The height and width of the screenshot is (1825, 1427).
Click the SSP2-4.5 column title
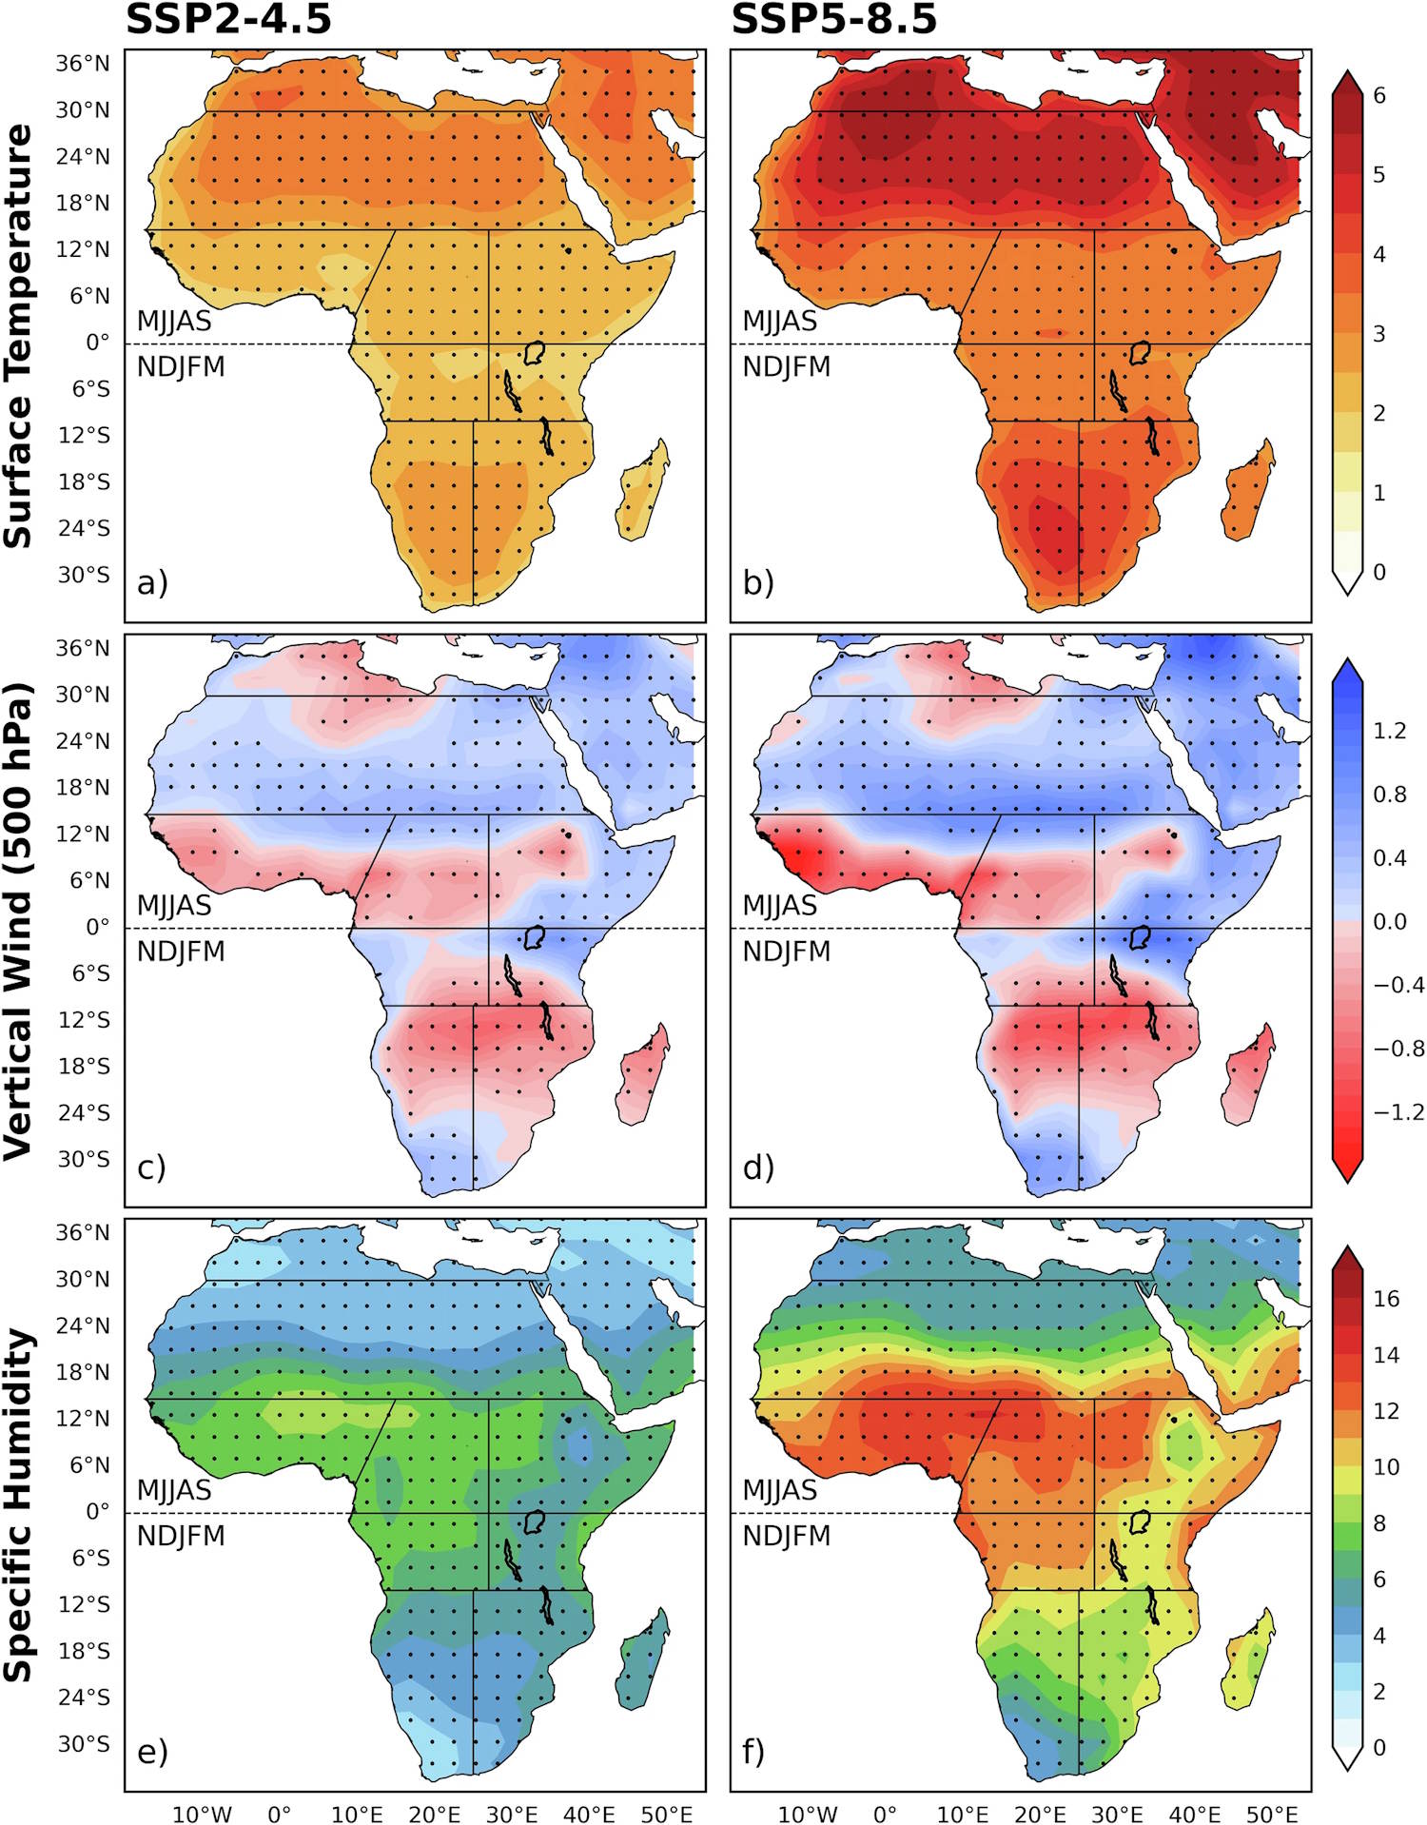[228, 19]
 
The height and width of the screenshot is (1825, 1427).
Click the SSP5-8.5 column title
[833, 19]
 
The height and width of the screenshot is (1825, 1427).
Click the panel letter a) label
[152, 582]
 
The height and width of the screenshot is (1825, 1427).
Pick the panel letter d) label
[758, 1167]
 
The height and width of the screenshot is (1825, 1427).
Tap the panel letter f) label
[753, 1751]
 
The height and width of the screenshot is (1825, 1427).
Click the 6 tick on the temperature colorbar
[1378, 95]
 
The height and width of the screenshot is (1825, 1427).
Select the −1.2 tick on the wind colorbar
[1398, 1112]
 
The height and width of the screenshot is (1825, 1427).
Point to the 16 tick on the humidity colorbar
[1386, 1299]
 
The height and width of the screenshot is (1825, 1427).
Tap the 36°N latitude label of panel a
[82, 64]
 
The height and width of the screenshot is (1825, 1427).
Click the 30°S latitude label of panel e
[84, 1744]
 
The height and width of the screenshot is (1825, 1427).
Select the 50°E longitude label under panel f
[1272, 1814]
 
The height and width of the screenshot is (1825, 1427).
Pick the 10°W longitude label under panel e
[201, 1814]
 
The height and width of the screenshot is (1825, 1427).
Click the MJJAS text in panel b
[779, 321]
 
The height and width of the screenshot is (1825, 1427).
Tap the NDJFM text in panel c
[181, 952]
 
